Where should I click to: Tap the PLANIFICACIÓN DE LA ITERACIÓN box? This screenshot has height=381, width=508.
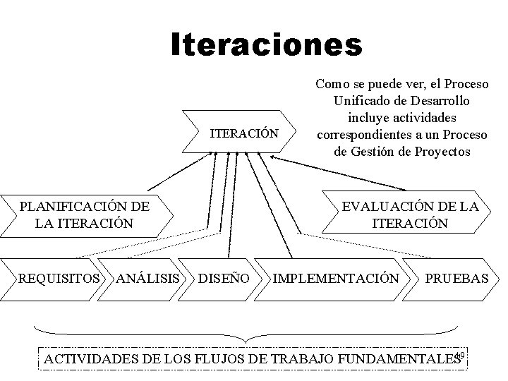(x=84, y=214)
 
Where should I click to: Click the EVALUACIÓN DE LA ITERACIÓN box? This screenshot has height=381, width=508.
(x=410, y=214)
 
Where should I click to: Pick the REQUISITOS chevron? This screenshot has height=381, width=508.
(x=59, y=279)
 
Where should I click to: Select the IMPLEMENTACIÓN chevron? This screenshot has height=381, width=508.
(x=335, y=279)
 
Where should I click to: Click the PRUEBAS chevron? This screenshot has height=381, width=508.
(x=455, y=279)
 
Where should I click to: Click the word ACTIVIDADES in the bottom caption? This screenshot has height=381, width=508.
(x=90, y=361)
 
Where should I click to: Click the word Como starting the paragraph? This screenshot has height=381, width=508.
(x=329, y=84)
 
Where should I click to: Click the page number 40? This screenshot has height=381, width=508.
(x=461, y=355)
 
